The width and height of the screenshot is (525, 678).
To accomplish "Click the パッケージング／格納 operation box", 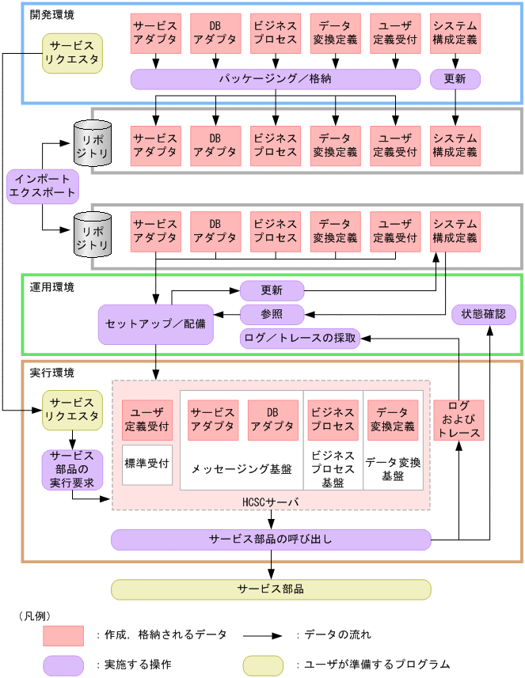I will (x=275, y=79).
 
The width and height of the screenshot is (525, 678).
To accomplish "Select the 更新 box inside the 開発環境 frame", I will (x=455, y=79).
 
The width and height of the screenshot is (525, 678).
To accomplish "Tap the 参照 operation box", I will (x=272, y=315).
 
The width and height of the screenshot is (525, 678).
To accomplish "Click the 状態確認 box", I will (x=483, y=315).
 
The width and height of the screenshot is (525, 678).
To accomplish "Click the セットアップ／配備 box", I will (x=155, y=324).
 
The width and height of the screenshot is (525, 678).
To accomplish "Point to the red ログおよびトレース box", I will (x=458, y=421).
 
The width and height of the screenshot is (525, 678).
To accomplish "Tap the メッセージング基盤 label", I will (x=242, y=468).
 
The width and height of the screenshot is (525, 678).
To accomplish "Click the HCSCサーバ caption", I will (x=270, y=502).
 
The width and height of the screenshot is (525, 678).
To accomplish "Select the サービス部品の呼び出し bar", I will (x=270, y=540).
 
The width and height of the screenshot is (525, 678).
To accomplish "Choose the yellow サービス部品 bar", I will (x=270, y=589).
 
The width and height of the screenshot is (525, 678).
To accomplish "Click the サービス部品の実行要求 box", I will (x=72, y=470).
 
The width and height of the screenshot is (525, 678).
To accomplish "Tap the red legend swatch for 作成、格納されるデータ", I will (x=63, y=635).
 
